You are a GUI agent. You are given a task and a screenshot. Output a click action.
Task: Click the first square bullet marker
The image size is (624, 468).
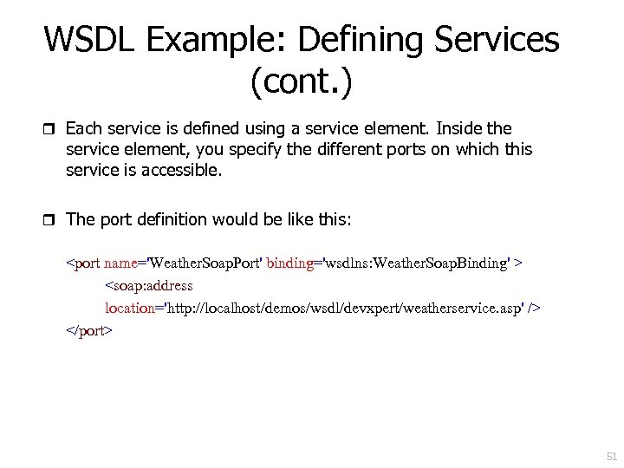pos(49,130)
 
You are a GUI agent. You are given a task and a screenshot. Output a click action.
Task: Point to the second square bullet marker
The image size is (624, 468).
pos(49,220)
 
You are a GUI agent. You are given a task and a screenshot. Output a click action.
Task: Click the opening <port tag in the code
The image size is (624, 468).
pos(84,263)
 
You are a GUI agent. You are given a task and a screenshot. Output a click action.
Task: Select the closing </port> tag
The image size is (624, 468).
pos(89,330)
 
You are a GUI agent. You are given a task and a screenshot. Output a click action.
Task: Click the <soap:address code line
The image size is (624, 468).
pos(149,285)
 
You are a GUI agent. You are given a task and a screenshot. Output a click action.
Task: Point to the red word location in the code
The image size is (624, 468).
pos(129,308)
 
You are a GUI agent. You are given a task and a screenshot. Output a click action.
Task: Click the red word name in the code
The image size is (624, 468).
pos(122,263)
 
